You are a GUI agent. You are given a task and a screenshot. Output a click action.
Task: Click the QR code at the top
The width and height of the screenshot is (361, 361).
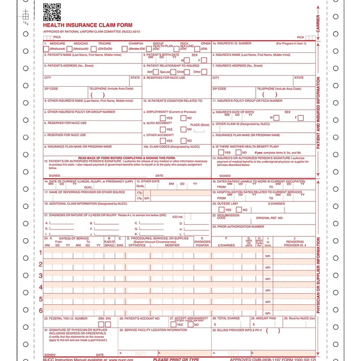[x=52, y=12]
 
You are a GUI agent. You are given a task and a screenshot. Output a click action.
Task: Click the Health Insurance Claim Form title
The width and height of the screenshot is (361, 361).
[x=88, y=25]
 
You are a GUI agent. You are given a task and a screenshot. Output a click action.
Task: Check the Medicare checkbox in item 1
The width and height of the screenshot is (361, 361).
[x=46, y=49]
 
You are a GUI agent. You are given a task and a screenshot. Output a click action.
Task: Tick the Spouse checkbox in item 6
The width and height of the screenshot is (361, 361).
[x=173, y=72]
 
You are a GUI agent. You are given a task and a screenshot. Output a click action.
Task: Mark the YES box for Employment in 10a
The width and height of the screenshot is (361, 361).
[x=163, y=118]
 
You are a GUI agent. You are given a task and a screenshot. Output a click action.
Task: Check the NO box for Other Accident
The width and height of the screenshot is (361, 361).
[x=184, y=141]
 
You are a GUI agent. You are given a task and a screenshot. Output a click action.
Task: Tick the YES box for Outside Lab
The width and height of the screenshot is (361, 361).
[x=221, y=210]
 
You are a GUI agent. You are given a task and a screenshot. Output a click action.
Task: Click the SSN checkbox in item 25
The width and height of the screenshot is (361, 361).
[x=101, y=324]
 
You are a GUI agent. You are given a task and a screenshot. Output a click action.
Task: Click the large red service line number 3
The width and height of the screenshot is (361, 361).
[x=41, y=276]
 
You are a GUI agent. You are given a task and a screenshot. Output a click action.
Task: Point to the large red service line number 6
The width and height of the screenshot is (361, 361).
[x=41, y=310]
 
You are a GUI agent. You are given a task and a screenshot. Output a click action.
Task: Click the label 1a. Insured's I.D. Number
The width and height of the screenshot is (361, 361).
[x=232, y=43]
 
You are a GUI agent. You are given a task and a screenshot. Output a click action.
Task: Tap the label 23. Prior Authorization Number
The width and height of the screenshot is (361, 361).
[x=238, y=227]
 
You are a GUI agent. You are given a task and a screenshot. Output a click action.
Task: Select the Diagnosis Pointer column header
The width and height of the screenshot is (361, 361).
[x=202, y=242]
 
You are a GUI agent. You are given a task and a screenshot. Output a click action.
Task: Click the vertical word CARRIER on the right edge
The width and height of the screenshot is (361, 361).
[x=318, y=23]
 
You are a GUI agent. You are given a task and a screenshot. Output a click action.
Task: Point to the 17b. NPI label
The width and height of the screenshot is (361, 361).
[x=143, y=198]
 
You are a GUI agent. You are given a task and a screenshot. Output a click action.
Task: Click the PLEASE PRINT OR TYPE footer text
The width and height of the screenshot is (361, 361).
[x=176, y=360]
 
